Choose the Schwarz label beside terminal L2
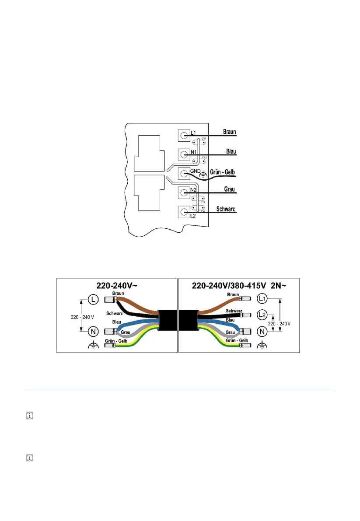click(226, 209)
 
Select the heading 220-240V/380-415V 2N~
click(238, 285)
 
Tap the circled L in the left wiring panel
click(93, 300)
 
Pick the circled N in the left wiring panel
click(93, 331)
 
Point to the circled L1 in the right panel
click(262, 299)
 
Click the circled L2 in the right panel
click(262, 315)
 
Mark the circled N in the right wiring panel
click(262, 331)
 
